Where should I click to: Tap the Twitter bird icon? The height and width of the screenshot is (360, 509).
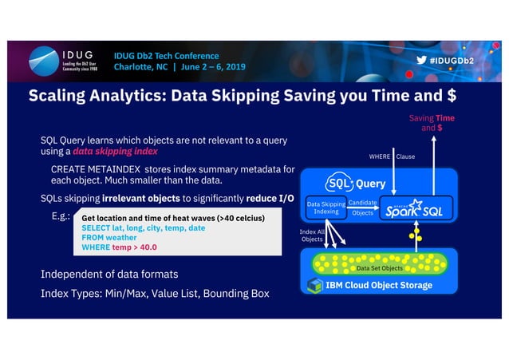coord(420,61)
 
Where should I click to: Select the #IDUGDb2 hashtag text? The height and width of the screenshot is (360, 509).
coord(451,61)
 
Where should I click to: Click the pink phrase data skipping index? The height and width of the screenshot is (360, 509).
coord(115,151)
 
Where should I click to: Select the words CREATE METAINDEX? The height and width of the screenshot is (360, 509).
coord(96,170)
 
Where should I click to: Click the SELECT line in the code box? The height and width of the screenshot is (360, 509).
coord(143,227)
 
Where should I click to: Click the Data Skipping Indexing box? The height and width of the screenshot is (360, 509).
coord(326,208)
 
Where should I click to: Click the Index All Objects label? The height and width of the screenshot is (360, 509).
coord(312,235)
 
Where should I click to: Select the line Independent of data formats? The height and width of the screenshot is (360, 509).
coord(109,275)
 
